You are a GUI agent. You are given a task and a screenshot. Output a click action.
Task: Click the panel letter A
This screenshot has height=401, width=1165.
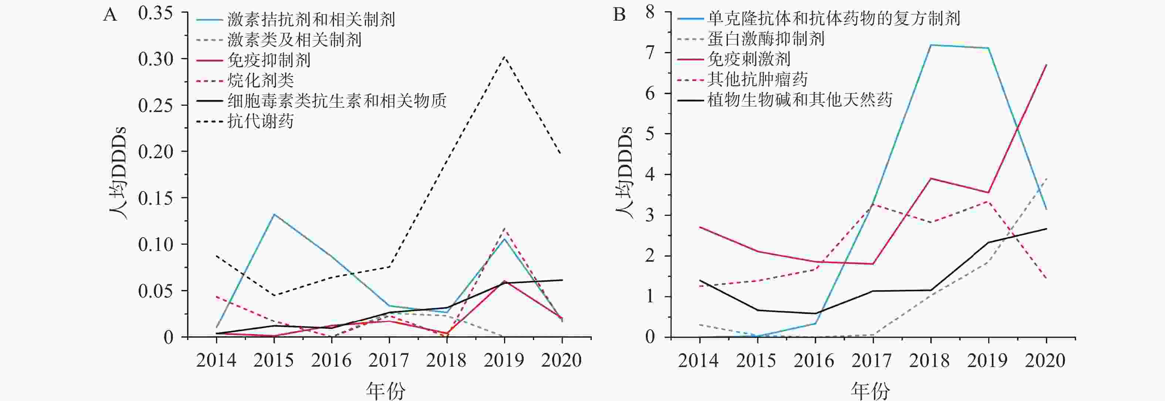(110, 16)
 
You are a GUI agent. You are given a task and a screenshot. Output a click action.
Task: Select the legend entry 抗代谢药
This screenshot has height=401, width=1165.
(260, 121)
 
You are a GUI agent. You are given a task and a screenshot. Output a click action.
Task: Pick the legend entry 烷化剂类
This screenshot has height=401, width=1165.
(260, 81)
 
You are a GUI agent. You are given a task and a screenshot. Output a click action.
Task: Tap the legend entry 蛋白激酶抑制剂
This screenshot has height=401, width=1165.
(766, 39)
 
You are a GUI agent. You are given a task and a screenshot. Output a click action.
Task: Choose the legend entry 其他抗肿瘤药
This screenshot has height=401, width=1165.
(757, 79)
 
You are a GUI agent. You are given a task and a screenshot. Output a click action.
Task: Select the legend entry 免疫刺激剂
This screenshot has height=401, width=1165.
(749, 59)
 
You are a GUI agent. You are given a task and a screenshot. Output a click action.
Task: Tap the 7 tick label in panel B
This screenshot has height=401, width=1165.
(650, 53)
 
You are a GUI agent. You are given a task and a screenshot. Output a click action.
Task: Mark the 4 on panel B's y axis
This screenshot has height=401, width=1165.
(650, 174)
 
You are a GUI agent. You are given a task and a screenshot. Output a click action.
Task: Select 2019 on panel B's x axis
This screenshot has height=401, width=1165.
(988, 361)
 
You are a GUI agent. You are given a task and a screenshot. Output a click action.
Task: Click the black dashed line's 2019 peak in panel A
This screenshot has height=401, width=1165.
(504, 57)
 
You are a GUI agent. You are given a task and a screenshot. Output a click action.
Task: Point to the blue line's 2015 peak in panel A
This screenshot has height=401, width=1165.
(274, 214)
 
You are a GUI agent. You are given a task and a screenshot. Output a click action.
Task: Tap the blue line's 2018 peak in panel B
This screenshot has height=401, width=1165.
(930, 45)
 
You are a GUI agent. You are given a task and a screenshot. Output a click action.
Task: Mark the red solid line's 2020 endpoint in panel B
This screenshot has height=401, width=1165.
(1046, 65)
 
